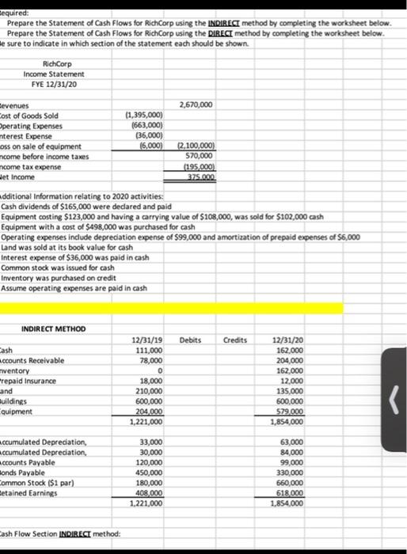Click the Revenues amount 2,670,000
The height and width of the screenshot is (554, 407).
coord(196,104)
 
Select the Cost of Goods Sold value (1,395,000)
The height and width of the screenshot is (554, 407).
coord(145,116)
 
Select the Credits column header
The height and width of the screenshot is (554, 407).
coord(235,340)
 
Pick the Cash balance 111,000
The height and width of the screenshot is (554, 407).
coord(150,350)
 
